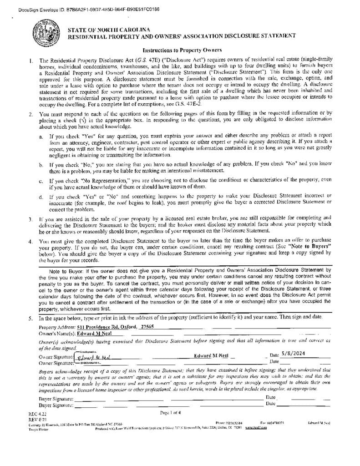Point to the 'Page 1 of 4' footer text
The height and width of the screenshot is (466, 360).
170,413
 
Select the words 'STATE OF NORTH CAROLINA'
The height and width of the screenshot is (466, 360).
109,30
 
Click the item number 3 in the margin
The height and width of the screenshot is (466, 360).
30,219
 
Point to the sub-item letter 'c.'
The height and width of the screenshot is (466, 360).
41,181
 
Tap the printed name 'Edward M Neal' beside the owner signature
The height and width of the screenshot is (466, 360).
213,356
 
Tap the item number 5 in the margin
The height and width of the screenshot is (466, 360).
30,318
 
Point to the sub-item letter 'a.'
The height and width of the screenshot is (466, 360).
41,136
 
